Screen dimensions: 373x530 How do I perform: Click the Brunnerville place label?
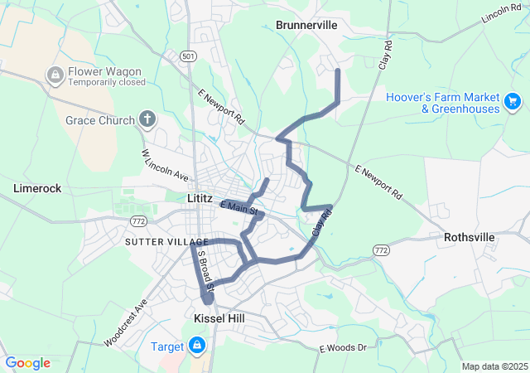[x=306, y=25]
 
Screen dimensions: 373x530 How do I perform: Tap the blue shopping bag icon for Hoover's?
[x=513, y=103]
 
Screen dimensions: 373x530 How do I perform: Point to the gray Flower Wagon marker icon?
[x=55, y=75]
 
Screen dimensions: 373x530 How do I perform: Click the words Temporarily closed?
[x=107, y=83]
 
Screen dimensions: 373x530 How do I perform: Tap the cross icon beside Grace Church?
[x=147, y=119]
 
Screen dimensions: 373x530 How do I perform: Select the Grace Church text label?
[x=99, y=120]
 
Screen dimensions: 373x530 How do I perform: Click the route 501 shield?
[x=188, y=56]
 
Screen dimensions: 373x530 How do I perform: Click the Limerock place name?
[x=37, y=188]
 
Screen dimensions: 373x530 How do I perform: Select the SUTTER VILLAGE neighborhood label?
[x=155, y=241]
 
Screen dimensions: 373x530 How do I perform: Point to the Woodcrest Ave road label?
[x=125, y=322]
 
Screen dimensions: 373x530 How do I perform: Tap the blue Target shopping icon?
[x=197, y=344]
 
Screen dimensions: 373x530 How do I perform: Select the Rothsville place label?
[x=470, y=237]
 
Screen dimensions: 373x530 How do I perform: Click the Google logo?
[x=27, y=362]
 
